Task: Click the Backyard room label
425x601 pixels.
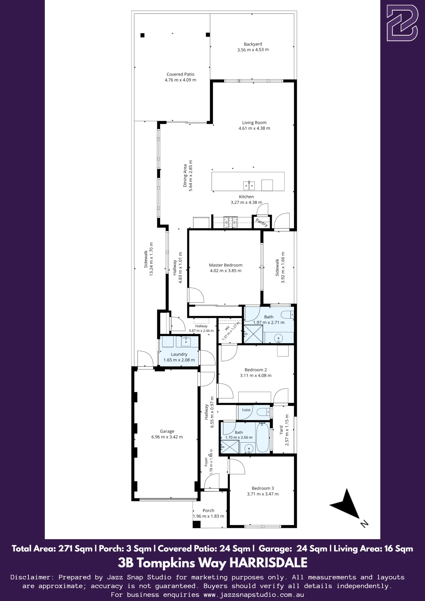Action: pos(253,44)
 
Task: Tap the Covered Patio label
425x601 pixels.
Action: pos(180,74)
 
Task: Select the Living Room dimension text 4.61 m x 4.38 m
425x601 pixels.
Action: pos(254,128)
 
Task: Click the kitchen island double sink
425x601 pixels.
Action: pos(249,185)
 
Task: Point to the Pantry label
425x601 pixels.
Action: pos(262,222)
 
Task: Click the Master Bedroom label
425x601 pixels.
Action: pos(226,265)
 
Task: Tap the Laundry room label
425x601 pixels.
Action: pos(179,354)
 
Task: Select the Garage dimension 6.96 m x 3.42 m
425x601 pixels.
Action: pos(167,437)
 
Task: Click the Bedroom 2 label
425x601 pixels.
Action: pos(256,370)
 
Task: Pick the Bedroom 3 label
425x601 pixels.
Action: pos(263,488)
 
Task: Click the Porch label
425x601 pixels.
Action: pos(208,511)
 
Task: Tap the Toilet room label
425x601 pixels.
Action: pos(246,410)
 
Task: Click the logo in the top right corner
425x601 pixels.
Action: pos(402,23)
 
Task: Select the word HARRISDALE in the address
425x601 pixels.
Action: pos(268,563)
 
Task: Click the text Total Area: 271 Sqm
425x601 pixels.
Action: pos(52,549)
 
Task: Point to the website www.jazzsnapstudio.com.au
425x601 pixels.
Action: pos(254,595)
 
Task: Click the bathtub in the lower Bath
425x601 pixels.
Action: pos(263,438)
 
